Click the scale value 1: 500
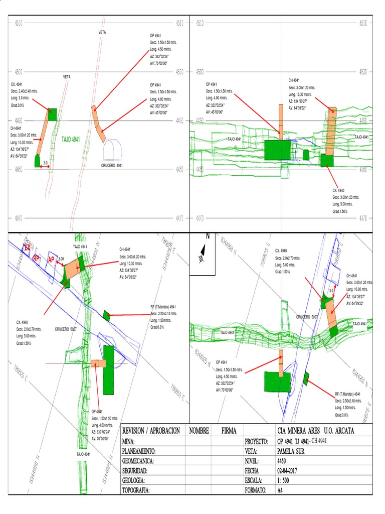click(284, 480)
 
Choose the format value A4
click(280, 490)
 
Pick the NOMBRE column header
click(199, 431)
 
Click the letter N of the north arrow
click(207, 236)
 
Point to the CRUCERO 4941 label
click(112, 165)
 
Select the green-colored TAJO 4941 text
click(71, 139)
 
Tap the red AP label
click(51, 259)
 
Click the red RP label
click(36, 258)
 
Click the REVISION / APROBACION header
click(151, 431)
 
